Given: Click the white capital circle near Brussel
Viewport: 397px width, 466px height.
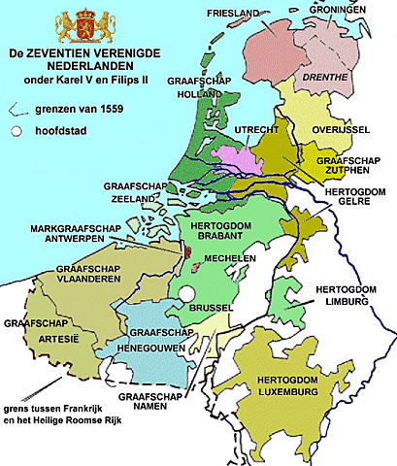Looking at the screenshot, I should tap(186, 294).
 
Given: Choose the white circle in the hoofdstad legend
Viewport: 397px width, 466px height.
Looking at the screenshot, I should tap(16, 130).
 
